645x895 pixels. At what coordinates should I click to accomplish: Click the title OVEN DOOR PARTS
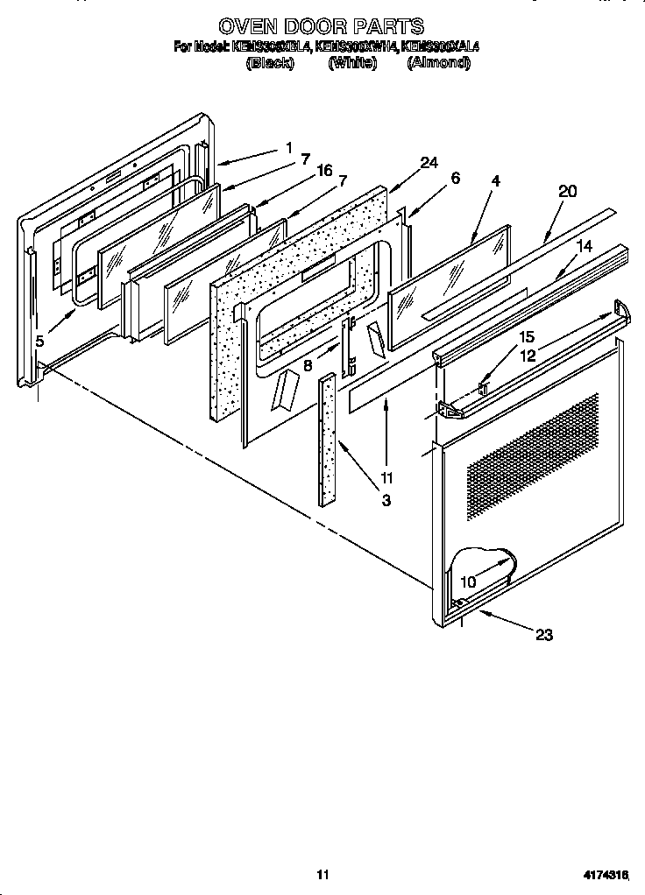(x=322, y=27)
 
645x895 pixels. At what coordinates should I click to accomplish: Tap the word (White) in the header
(x=351, y=64)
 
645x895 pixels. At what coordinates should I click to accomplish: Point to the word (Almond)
(x=438, y=64)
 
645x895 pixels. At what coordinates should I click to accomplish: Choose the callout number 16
(x=324, y=171)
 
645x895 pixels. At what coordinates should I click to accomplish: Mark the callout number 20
(x=567, y=192)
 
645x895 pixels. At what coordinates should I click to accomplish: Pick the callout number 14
(x=585, y=248)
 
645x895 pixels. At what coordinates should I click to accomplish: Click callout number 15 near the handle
(x=526, y=336)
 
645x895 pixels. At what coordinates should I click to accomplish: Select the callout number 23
(x=543, y=635)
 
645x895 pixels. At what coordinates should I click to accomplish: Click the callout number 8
(x=308, y=366)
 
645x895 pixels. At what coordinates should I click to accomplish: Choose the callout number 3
(x=386, y=500)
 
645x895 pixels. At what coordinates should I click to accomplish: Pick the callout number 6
(x=455, y=177)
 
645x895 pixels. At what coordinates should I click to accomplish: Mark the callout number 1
(x=288, y=149)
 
